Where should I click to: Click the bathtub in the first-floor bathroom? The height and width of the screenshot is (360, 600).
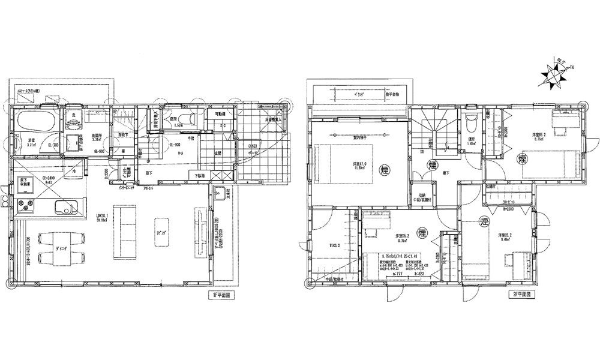(x=35, y=124)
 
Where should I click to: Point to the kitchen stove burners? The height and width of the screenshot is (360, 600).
(x=27, y=208)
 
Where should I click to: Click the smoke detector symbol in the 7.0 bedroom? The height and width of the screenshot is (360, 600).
(x=384, y=171)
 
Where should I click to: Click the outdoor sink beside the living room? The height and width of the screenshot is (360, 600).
(x=219, y=194)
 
